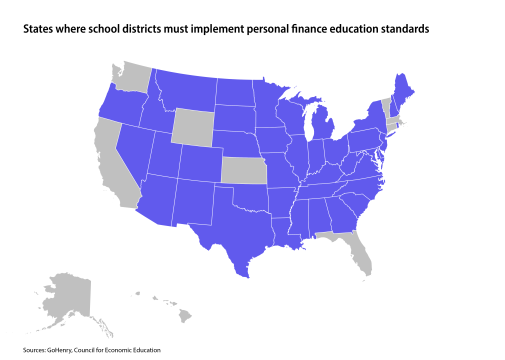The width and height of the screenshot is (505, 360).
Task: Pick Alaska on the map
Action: pos(70,297)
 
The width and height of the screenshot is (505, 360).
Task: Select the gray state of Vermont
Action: pos(385,107)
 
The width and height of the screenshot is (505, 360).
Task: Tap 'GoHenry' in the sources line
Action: pos(59,350)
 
